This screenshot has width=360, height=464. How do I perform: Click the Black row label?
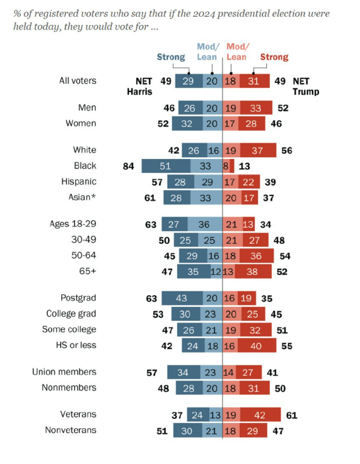pyautogui.click(x=85, y=165)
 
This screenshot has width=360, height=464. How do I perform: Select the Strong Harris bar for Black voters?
pyautogui.click(x=165, y=166)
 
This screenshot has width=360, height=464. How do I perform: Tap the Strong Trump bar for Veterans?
pyautogui.click(x=260, y=414)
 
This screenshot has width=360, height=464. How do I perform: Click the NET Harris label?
pyautogui.click(x=139, y=86)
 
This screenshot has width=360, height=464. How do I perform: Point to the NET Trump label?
pyautogui.click(x=306, y=86)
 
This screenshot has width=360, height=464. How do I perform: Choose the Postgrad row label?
pyautogui.click(x=79, y=298)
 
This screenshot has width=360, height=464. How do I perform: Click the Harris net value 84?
pyautogui.click(x=128, y=166)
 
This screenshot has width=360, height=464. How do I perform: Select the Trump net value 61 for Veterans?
pyautogui.click(x=292, y=414)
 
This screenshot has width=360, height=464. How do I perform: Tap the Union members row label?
pyautogui.click(x=64, y=372)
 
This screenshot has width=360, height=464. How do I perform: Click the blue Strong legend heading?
pyautogui.click(x=171, y=57)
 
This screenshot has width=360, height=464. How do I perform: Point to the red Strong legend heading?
pyautogui.click(x=274, y=57)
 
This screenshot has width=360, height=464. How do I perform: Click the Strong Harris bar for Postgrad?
pyautogui.click(x=181, y=298)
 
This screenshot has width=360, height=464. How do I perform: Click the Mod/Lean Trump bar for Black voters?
pyautogui.click(x=225, y=166)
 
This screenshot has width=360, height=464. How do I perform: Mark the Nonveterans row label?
pyautogui.click(x=70, y=430)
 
